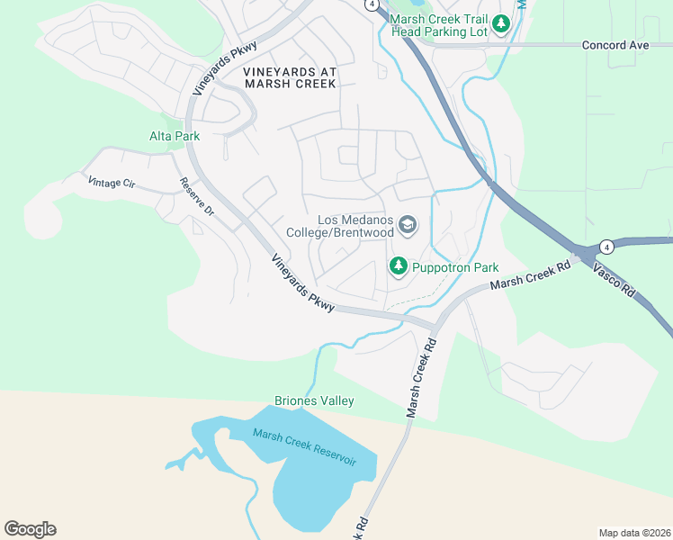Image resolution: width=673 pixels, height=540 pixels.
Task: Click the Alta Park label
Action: pos(174,136)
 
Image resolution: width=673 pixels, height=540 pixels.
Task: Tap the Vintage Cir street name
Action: pos(111,183)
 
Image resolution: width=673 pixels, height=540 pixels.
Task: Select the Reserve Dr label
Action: pos(196,196)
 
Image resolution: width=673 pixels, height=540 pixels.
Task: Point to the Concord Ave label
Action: pos(615,44)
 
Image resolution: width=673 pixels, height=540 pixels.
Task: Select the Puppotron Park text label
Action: pos(454,267)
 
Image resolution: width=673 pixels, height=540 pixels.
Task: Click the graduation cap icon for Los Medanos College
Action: pos(408,224)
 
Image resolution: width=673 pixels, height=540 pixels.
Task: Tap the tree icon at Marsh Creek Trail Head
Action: pos(501,24)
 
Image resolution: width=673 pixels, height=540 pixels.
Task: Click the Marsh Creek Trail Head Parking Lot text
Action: pos(439,24)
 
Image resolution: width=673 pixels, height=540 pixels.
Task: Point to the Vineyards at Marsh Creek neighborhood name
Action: pos(290,76)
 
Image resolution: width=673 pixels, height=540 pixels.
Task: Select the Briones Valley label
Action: pos(314,400)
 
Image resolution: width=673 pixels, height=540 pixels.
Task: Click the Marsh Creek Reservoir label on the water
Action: pos(304,446)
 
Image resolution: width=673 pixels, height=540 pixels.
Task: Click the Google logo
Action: pos(30,529)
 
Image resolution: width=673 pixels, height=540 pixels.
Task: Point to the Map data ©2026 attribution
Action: pos(633,532)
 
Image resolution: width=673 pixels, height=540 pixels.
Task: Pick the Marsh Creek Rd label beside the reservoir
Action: pos(420,376)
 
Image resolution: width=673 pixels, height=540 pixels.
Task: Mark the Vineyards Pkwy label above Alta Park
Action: pos(225,68)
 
